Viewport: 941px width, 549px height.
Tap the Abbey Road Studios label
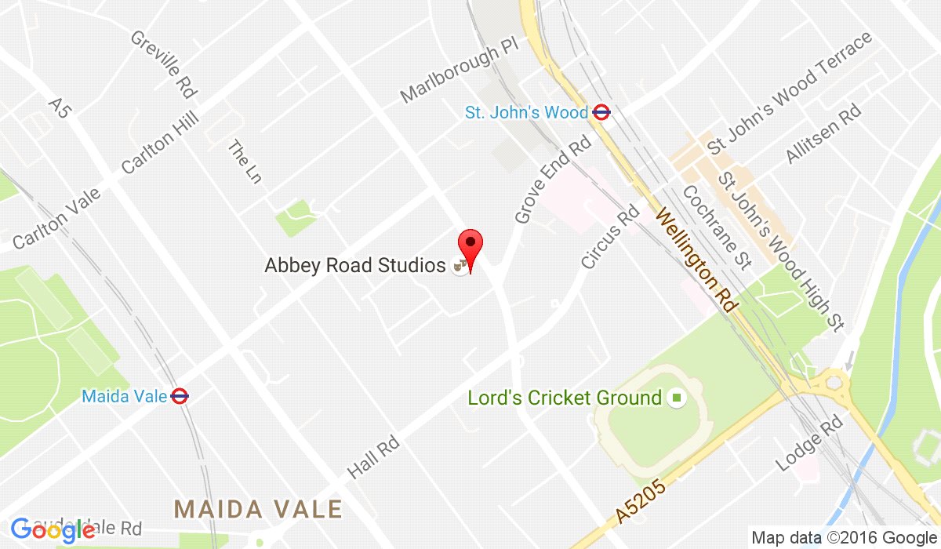point(355,266)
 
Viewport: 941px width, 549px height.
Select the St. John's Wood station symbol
point(601,112)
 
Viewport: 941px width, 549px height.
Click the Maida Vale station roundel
point(180,396)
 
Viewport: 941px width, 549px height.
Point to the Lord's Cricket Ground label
point(565,398)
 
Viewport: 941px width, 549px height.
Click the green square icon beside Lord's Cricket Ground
point(676,398)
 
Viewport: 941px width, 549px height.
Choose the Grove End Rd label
point(552,180)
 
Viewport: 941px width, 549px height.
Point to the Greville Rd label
point(163,64)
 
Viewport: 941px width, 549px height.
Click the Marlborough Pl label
point(460,75)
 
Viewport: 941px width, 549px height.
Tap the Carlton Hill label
point(161,142)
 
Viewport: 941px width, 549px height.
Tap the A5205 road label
point(641,502)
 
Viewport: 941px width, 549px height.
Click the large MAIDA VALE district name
point(258,508)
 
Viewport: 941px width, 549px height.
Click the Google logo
point(52,530)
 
